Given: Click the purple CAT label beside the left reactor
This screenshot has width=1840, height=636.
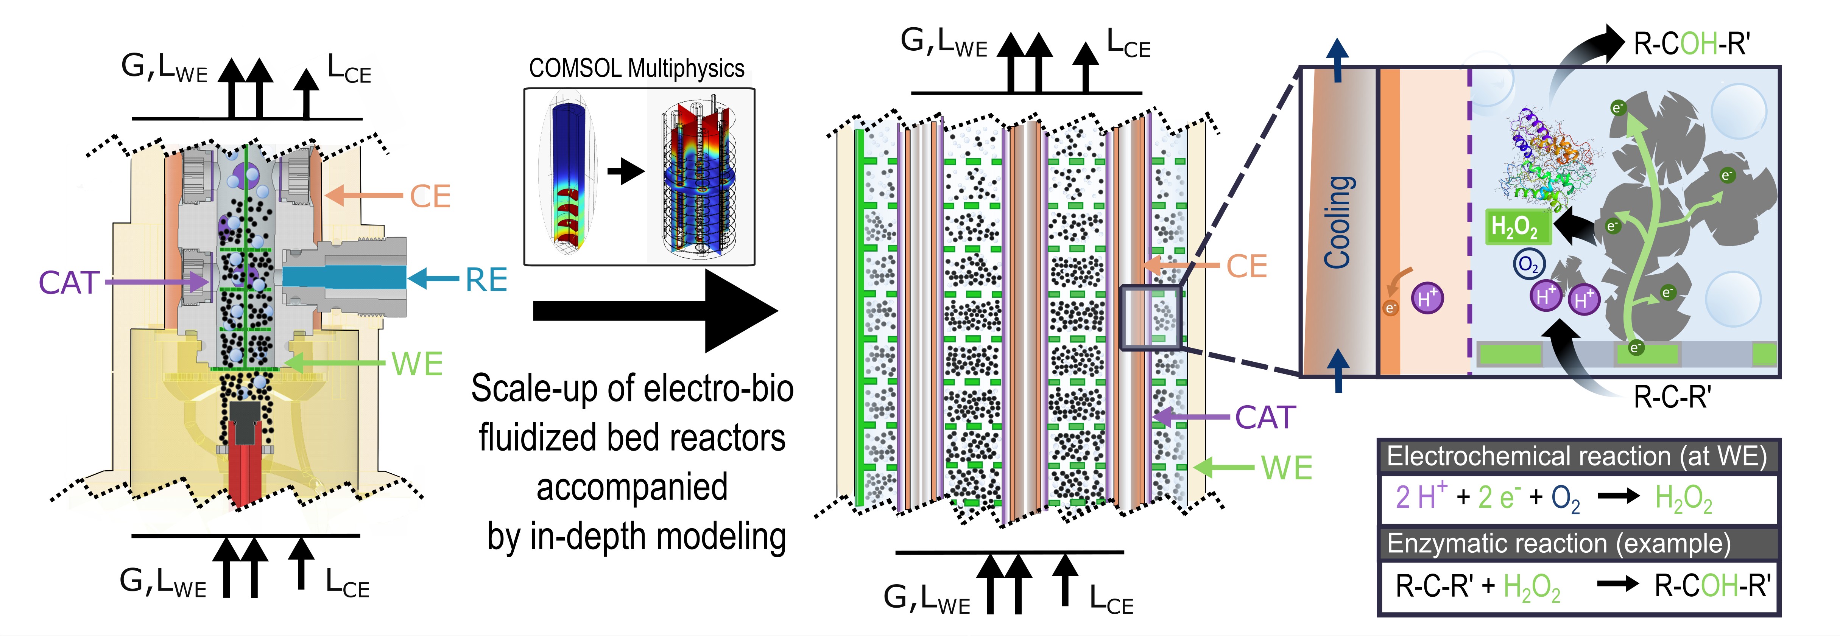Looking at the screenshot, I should point(69,283).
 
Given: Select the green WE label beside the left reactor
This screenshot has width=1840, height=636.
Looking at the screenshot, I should point(417,364).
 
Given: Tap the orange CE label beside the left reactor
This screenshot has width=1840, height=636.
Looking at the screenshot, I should point(430,196).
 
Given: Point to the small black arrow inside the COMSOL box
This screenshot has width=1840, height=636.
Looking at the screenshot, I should point(626,171).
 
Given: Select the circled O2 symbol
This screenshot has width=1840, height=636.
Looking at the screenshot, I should point(1528,264).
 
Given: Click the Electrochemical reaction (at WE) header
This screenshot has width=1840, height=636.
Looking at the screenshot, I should point(1577,456).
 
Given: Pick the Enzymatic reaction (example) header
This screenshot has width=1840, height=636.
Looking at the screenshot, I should point(1559,544).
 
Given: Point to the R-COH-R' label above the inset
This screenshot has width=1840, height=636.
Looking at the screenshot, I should point(1691,44).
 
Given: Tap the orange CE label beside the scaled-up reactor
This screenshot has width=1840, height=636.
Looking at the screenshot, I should point(1246,266).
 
